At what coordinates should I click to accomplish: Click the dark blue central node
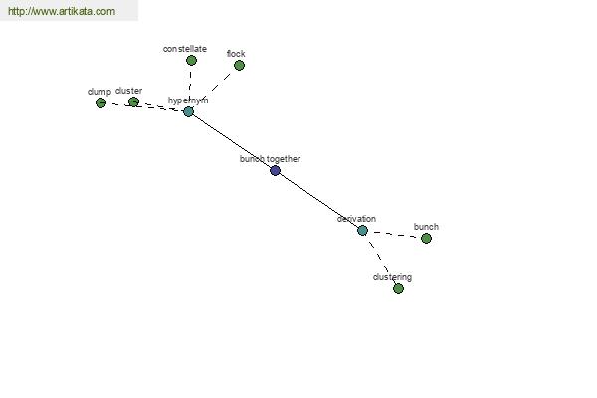(275, 170)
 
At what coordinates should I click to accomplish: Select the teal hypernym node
(188, 112)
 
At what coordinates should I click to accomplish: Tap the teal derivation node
(362, 231)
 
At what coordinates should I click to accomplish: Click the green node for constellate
(191, 60)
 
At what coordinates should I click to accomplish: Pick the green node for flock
(239, 65)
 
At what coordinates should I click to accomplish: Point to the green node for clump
(100, 102)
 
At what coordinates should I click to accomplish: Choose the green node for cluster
(133, 102)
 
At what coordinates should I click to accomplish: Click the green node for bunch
(427, 239)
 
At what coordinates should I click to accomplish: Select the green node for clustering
(398, 288)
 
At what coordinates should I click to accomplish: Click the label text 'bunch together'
(270, 159)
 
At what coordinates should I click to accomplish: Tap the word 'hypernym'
(188, 100)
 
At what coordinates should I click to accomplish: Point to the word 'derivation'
(356, 219)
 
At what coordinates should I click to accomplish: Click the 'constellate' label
(185, 49)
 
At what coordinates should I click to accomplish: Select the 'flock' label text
(236, 54)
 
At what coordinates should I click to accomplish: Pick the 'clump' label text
(99, 92)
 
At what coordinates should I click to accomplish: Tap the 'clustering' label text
(392, 277)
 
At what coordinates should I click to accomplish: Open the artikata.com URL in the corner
(62, 11)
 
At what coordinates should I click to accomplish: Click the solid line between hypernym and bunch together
(232, 141)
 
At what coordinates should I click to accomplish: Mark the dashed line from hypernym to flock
(214, 89)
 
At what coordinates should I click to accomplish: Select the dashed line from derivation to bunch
(394, 234)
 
